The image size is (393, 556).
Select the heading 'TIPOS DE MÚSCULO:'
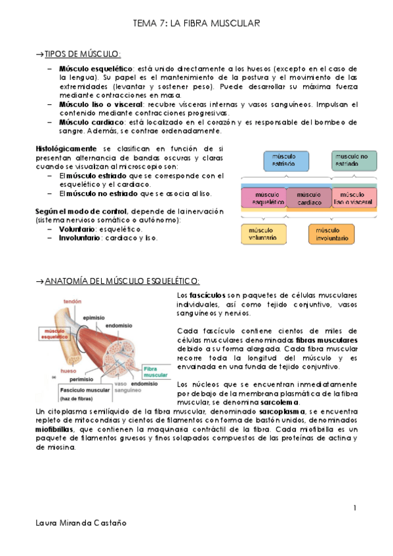pos(82,53)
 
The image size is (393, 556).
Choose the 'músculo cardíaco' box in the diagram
pos(309,198)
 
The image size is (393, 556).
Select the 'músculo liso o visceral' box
pos(354,198)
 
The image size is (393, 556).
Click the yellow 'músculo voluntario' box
pos(263,235)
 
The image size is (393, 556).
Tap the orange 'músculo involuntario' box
pos(334,235)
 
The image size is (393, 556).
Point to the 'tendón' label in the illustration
pos(73,302)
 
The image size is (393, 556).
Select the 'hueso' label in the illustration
pos(68,370)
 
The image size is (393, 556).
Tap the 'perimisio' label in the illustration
pos(80,379)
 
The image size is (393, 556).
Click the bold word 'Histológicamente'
pos(67,149)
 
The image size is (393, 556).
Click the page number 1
pos(354,508)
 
